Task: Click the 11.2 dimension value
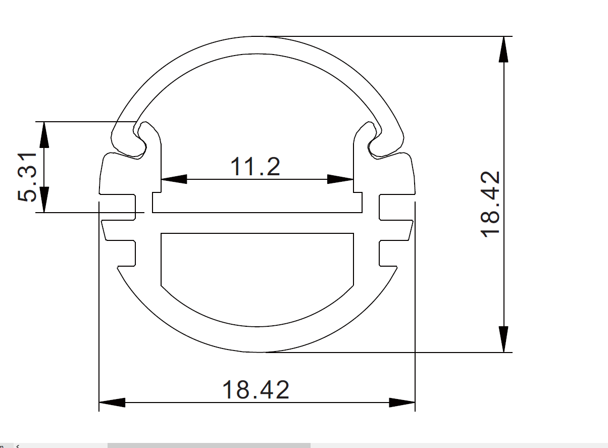click(x=255, y=167)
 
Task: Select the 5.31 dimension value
click(x=28, y=176)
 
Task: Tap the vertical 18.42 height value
click(x=490, y=205)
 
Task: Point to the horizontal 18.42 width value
click(x=256, y=390)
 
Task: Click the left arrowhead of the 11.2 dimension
click(x=174, y=179)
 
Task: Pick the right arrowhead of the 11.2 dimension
click(x=340, y=179)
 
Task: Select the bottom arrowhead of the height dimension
click(x=503, y=339)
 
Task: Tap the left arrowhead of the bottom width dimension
click(x=112, y=403)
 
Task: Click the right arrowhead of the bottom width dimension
click(x=402, y=403)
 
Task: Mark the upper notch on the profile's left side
click(x=119, y=207)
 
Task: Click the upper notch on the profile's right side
click(x=396, y=207)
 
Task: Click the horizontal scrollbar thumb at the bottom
click(x=209, y=445)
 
